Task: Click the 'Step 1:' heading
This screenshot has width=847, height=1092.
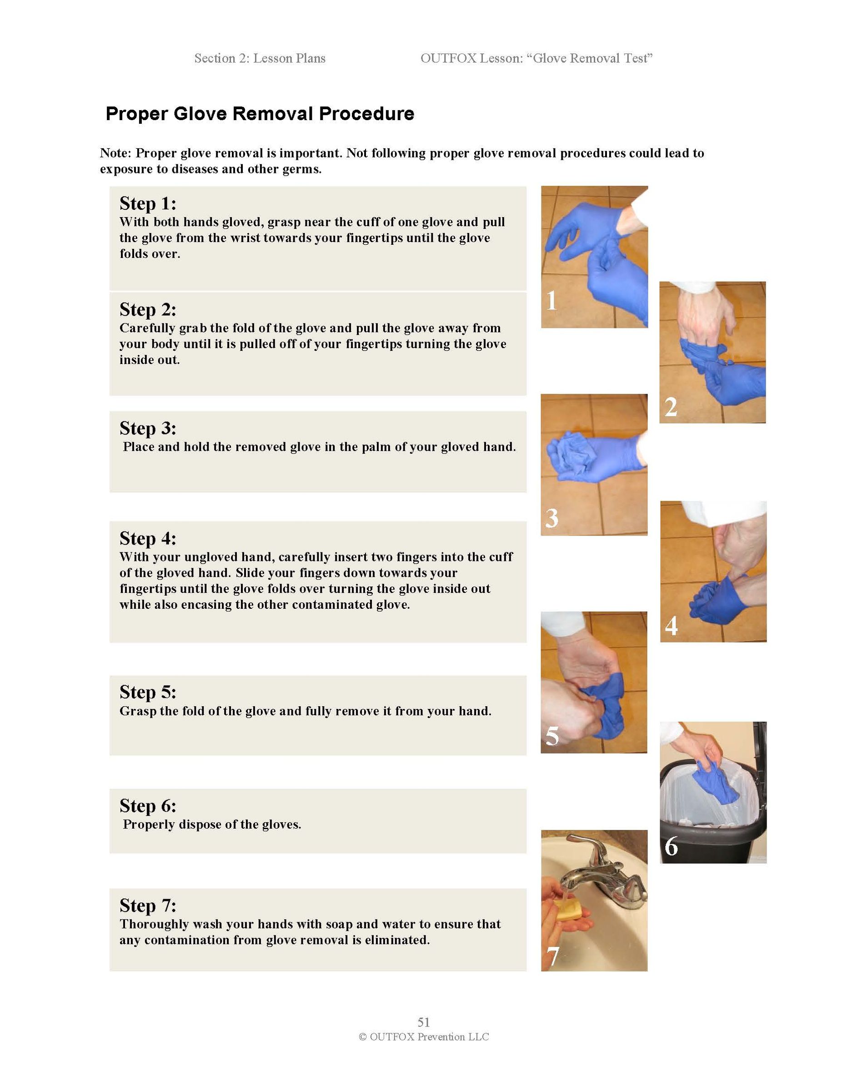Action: [x=147, y=203]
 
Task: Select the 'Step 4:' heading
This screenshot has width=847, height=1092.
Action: [x=147, y=539]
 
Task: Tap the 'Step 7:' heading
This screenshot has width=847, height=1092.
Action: [x=147, y=905]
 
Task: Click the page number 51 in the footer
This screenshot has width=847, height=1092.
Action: [x=424, y=1022]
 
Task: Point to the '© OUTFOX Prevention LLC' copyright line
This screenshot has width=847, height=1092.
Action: [x=424, y=1037]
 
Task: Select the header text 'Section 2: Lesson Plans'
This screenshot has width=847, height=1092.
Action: [x=260, y=59]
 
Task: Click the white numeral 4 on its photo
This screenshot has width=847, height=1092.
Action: [x=671, y=626]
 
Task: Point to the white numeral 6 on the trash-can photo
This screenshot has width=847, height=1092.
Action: [x=671, y=846]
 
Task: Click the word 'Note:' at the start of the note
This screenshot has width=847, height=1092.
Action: [x=116, y=153]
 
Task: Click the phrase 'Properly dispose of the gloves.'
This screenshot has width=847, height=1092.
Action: [x=212, y=824]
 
